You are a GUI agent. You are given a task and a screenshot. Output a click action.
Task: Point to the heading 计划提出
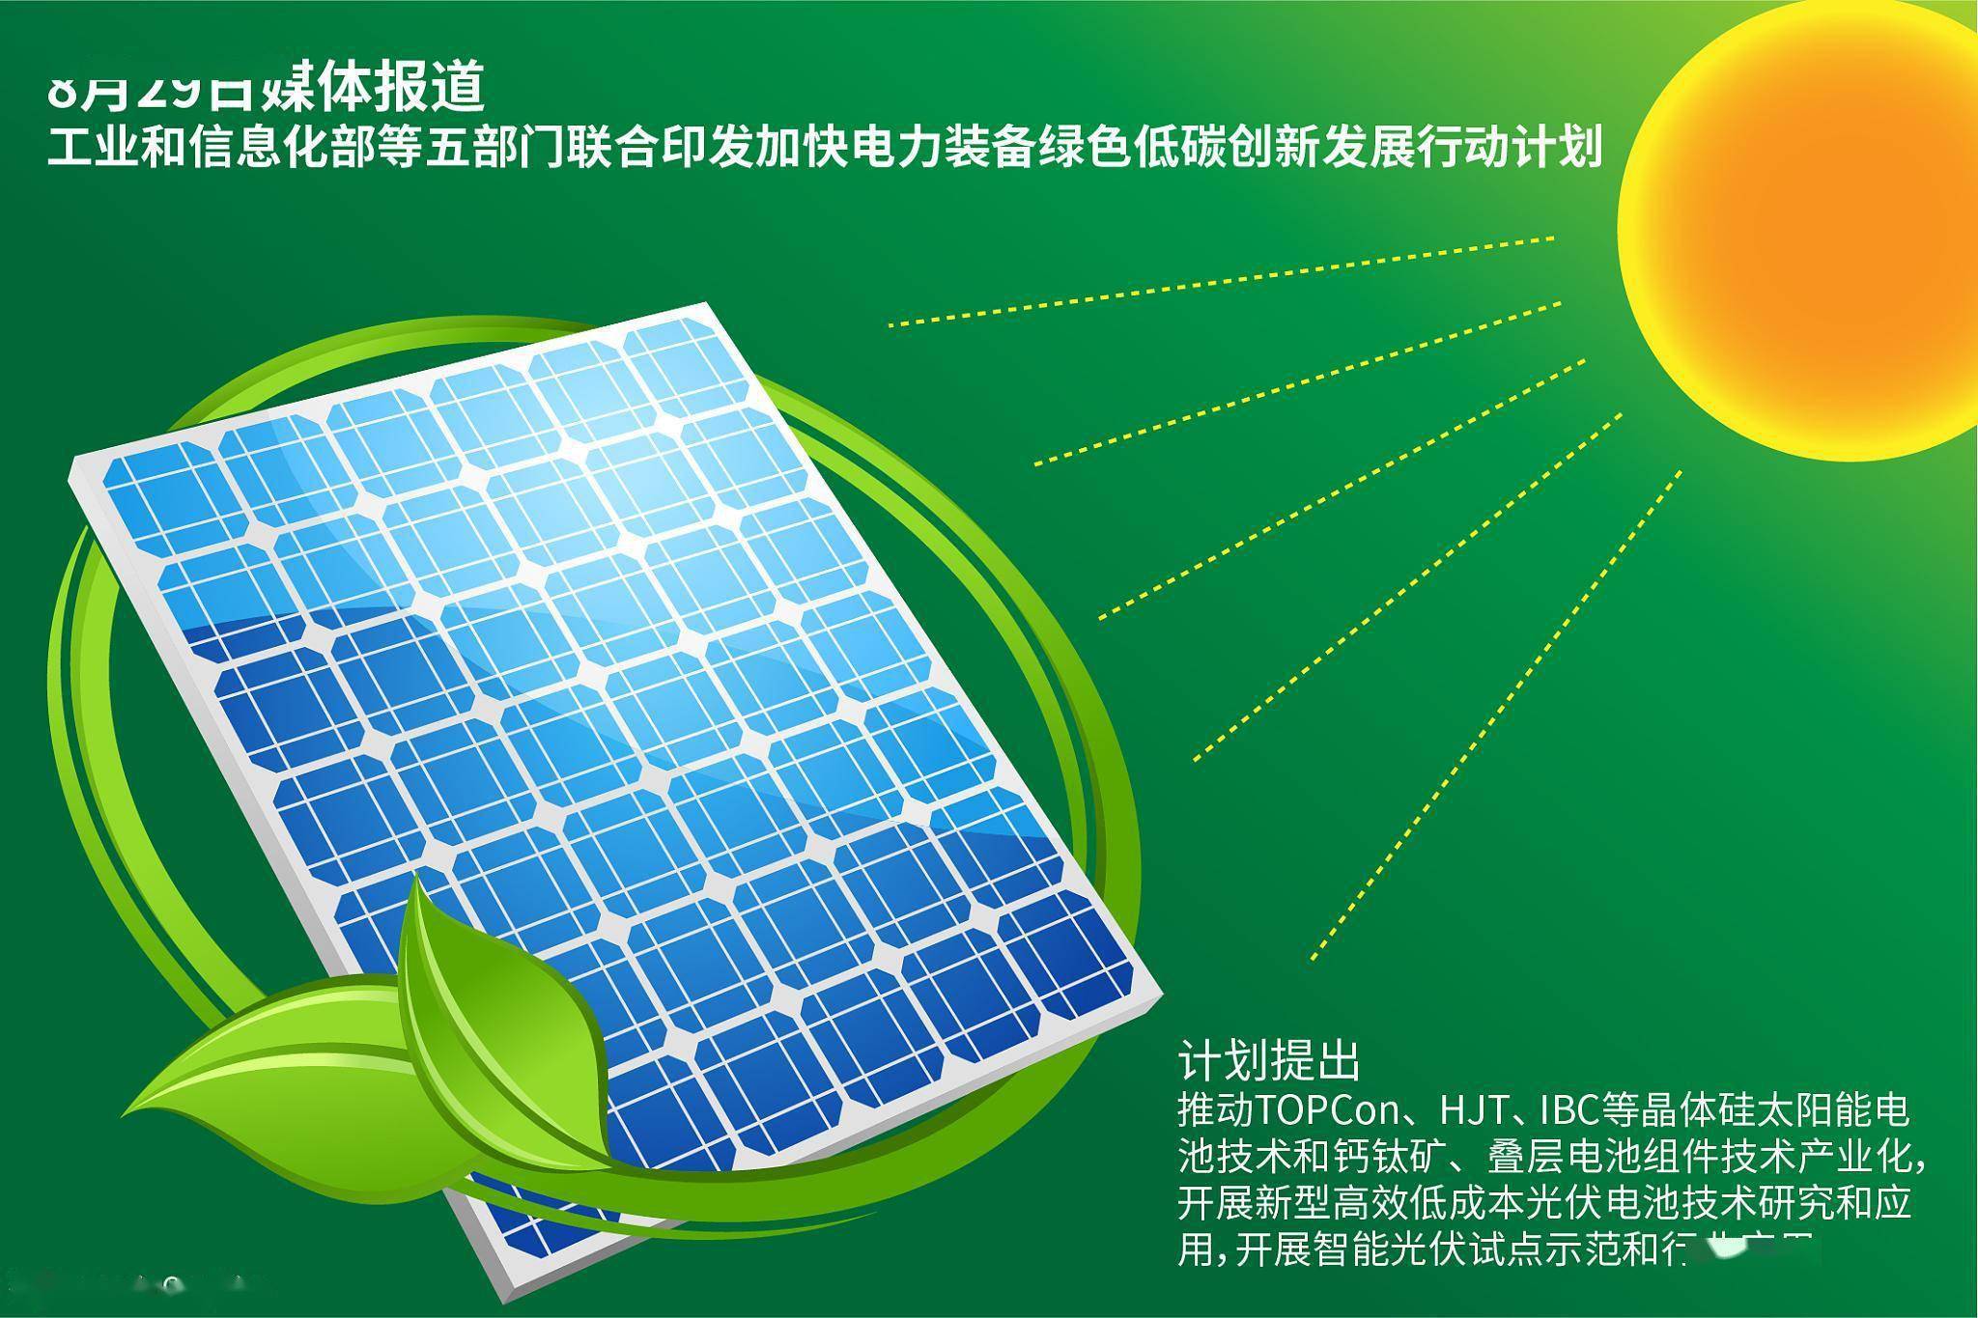pyautogui.click(x=1268, y=1061)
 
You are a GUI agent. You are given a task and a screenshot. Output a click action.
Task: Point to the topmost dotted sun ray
pyautogui.click(x=1222, y=281)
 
